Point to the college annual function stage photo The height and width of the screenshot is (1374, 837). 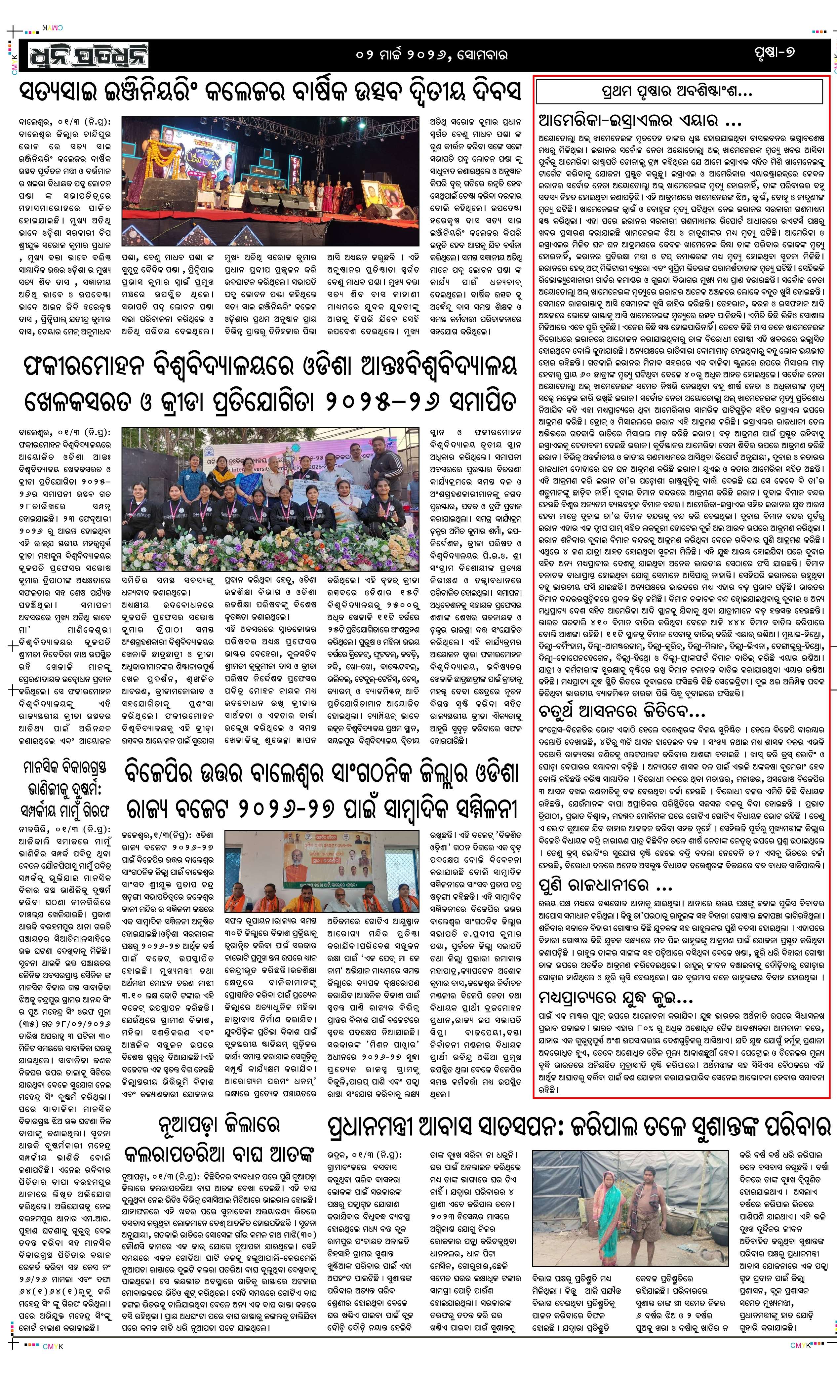(x=270, y=181)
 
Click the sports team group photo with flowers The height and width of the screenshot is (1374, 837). (x=270, y=498)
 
